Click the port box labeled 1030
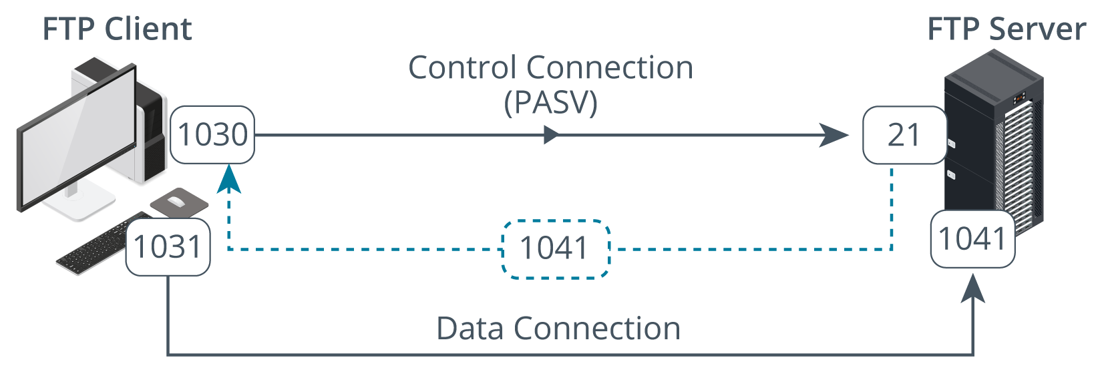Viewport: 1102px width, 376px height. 212,134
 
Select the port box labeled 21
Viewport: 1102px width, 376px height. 904,134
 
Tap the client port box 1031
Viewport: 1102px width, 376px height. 168,246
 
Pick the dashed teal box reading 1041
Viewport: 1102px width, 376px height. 556,249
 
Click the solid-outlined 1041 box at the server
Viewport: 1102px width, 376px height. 972,239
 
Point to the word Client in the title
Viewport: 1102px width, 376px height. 148,29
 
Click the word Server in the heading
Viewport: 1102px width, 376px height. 1038,29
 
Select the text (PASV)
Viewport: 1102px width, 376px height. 550,102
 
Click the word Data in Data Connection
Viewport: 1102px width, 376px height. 470,329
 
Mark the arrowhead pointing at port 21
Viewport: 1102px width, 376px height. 834,135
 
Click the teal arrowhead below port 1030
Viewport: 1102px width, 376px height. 229,178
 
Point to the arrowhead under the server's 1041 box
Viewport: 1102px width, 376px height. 972,289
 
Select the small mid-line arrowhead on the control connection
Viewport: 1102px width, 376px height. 551,135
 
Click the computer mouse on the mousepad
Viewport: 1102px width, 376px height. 176,201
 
